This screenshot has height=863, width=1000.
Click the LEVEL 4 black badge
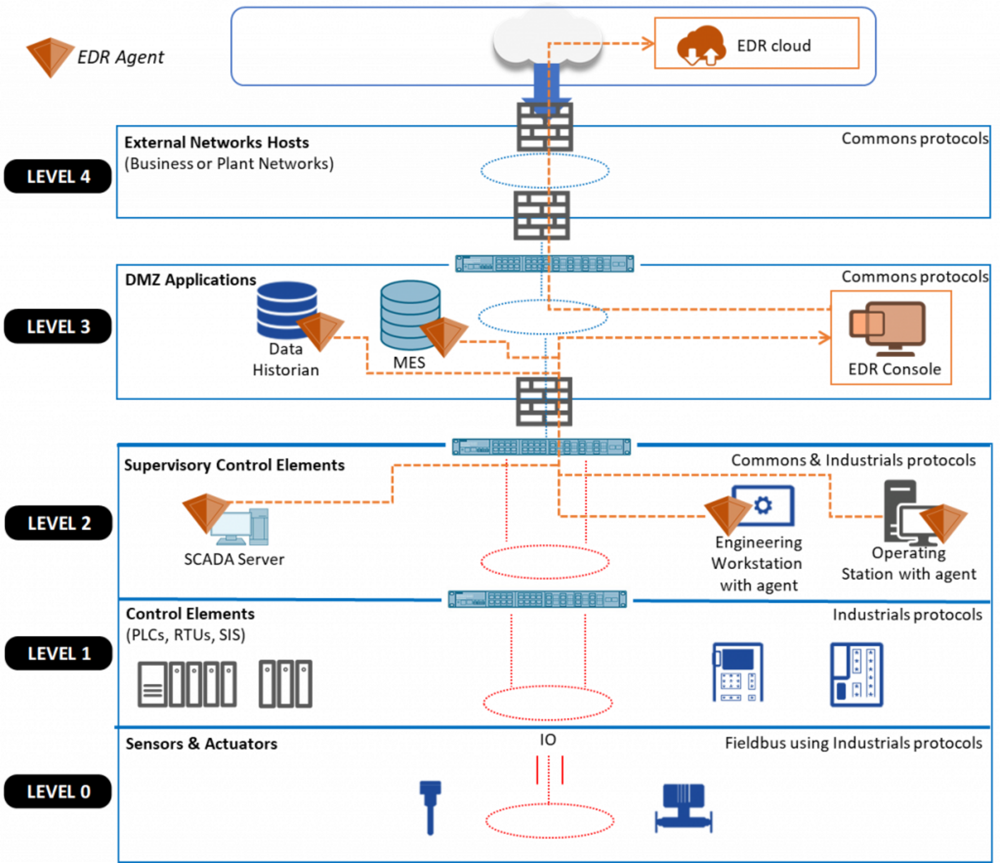[57, 176]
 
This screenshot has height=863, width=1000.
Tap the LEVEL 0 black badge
[57, 792]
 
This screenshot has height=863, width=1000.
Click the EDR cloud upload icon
[701, 45]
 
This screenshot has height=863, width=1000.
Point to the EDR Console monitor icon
[887, 328]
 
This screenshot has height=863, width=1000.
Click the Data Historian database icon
[287, 310]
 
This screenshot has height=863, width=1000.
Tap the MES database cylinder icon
[410, 315]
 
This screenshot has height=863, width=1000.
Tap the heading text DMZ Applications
[191, 280]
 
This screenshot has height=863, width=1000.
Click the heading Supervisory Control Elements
[234, 465]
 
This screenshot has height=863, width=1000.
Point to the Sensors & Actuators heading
[201, 744]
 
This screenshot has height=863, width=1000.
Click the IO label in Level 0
[548, 740]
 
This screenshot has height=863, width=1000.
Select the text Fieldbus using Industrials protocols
[854, 743]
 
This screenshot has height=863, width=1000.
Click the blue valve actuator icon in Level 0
[684, 809]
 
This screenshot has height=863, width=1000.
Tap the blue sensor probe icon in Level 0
[430, 807]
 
